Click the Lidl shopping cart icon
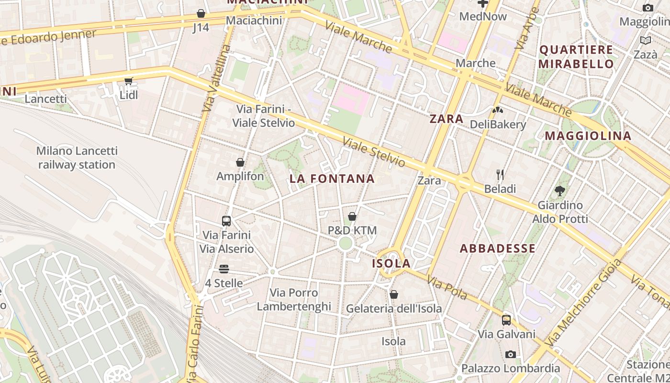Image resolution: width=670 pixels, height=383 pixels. (x=128, y=81)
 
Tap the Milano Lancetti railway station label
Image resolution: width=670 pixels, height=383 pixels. (x=77, y=158)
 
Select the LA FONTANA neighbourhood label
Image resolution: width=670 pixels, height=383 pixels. (x=332, y=179)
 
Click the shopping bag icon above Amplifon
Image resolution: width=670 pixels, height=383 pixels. (x=240, y=163)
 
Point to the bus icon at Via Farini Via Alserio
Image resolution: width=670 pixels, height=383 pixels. (x=226, y=221)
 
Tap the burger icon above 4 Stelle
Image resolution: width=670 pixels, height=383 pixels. (x=224, y=269)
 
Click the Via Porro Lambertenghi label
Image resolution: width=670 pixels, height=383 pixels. (x=294, y=299)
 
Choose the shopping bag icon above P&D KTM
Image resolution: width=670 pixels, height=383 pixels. (x=352, y=216)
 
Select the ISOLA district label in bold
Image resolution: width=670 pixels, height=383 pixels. (x=391, y=263)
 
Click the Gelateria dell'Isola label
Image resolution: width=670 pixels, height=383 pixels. (x=394, y=308)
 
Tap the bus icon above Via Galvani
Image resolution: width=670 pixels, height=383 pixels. (x=506, y=320)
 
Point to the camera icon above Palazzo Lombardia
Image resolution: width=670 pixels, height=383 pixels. (x=511, y=355)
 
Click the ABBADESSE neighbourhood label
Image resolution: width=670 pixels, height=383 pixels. (x=498, y=248)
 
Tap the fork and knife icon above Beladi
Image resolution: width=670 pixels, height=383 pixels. (x=500, y=175)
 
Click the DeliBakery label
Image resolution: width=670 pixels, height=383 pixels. (x=498, y=124)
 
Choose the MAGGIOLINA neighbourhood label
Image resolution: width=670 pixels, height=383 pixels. (x=588, y=135)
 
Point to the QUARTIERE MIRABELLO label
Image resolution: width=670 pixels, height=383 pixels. (x=576, y=56)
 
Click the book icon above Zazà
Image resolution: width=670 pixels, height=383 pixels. (x=646, y=41)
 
